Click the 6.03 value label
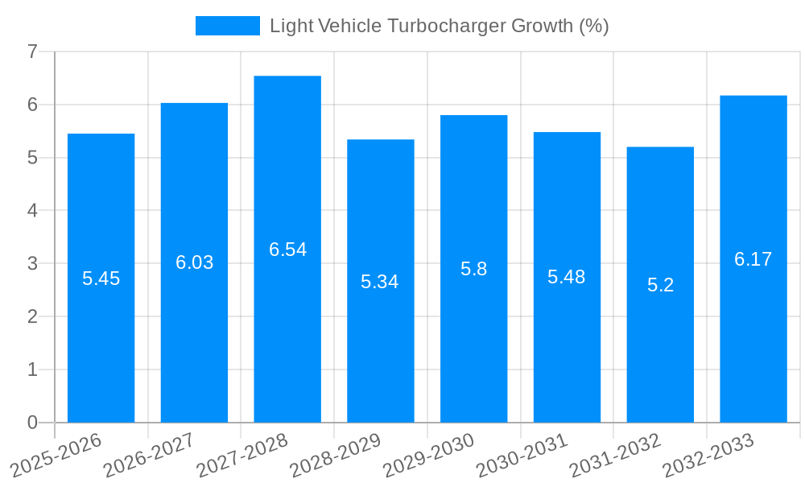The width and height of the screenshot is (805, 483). [194, 262]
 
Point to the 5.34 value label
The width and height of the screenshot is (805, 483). [379, 282]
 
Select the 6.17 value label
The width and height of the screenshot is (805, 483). [753, 259]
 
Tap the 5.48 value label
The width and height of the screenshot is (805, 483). [566, 277]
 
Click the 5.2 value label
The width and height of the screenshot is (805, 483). [660, 285]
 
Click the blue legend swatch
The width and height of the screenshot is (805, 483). [227, 26]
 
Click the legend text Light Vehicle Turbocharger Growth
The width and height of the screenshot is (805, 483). [439, 26]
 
